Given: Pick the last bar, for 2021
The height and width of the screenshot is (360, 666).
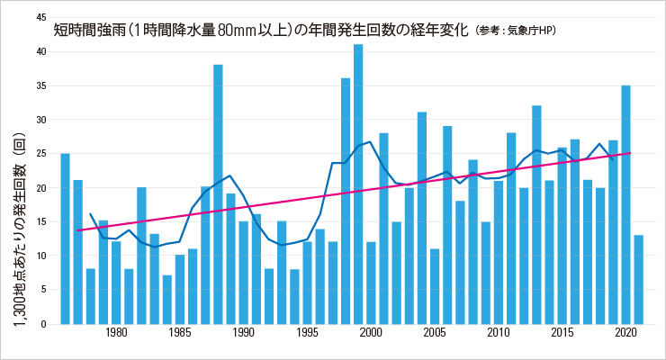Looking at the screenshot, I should pos(638,280).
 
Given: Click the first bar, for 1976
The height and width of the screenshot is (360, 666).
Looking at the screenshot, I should pos(65,239).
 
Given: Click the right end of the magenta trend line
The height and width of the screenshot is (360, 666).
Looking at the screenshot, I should pos(630,153).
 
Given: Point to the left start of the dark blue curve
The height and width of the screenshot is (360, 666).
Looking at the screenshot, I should pos(90,214).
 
